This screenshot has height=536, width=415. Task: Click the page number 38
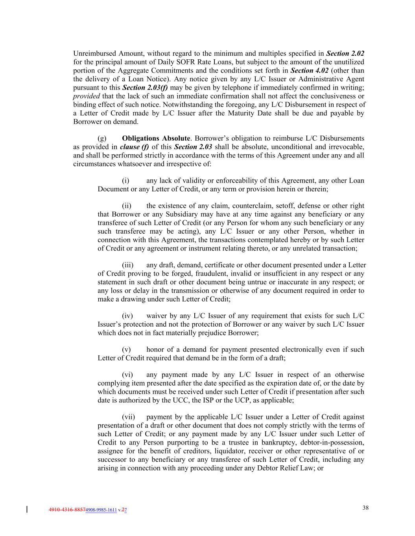click(x=365, y=508)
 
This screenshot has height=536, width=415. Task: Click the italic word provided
click(x=87, y=96)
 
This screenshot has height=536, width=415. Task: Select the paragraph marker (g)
click(x=101, y=138)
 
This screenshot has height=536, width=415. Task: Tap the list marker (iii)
click(x=127, y=265)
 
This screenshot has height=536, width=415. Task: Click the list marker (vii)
click(x=128, y=417)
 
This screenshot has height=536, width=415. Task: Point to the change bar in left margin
click(x=27, y=510)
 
